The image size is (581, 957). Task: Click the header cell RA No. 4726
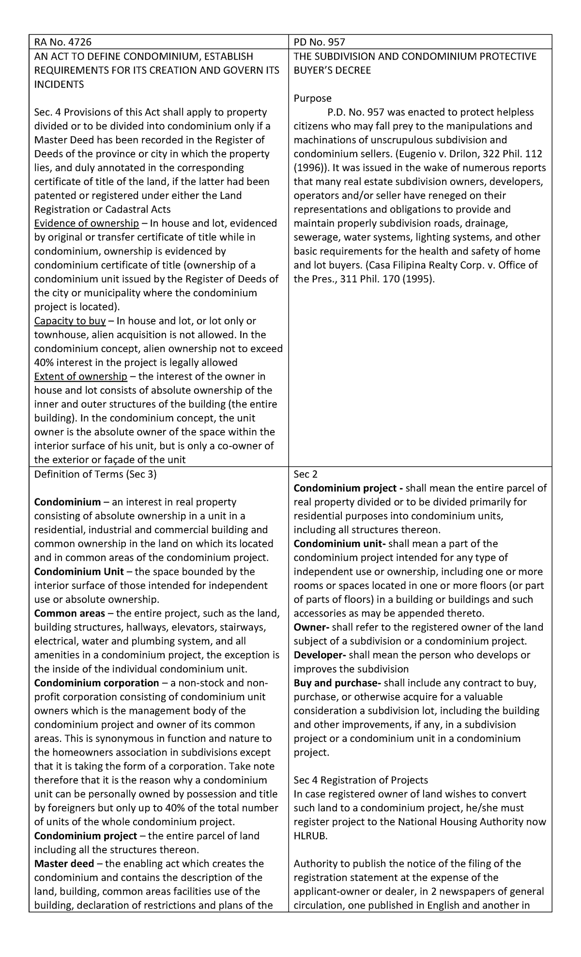(62, 42)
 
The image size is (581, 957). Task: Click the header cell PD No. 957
(319, 42)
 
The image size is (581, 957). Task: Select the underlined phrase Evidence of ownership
(86, 223)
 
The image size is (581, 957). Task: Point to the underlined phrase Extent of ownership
(80, 376)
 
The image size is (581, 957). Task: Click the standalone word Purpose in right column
(312, 98)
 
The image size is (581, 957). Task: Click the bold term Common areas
(69, 613)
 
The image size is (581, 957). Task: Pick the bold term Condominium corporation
(96, 683)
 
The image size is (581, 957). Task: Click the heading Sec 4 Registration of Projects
(361, 780)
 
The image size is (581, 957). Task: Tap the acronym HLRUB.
(310, 836)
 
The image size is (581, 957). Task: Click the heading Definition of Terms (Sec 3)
(95, 474)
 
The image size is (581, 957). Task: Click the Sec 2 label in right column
(305, 474)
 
